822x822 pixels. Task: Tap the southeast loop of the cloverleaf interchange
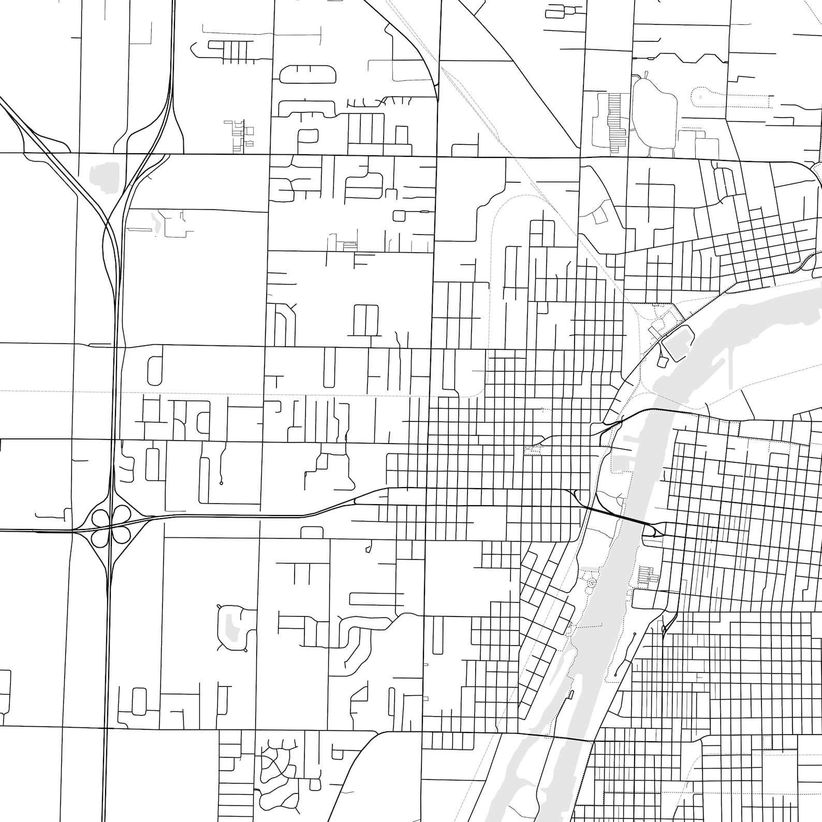pyautogui.click(x=121, y=536)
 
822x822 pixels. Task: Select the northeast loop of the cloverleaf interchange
pyautogui.click(x=121, y=516)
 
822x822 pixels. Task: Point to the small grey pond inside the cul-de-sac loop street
pyautogui.click(x=233, y=626)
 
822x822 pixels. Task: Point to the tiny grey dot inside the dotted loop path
pyautogui.click(x=700, y=96)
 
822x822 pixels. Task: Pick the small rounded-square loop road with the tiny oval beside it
pyautogui.click(x=399, y=215)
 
